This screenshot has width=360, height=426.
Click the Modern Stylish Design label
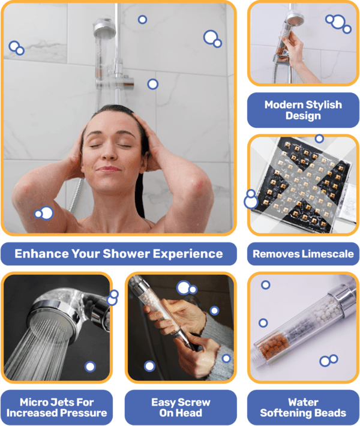click(303, 110)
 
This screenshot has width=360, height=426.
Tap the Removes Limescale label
click(303, 254)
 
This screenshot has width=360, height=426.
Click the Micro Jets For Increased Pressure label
click(57, 407)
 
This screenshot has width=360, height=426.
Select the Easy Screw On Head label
click(180, 407)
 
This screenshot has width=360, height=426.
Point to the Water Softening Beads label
click(303, 407)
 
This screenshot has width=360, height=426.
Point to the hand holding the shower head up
click(294, 51)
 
